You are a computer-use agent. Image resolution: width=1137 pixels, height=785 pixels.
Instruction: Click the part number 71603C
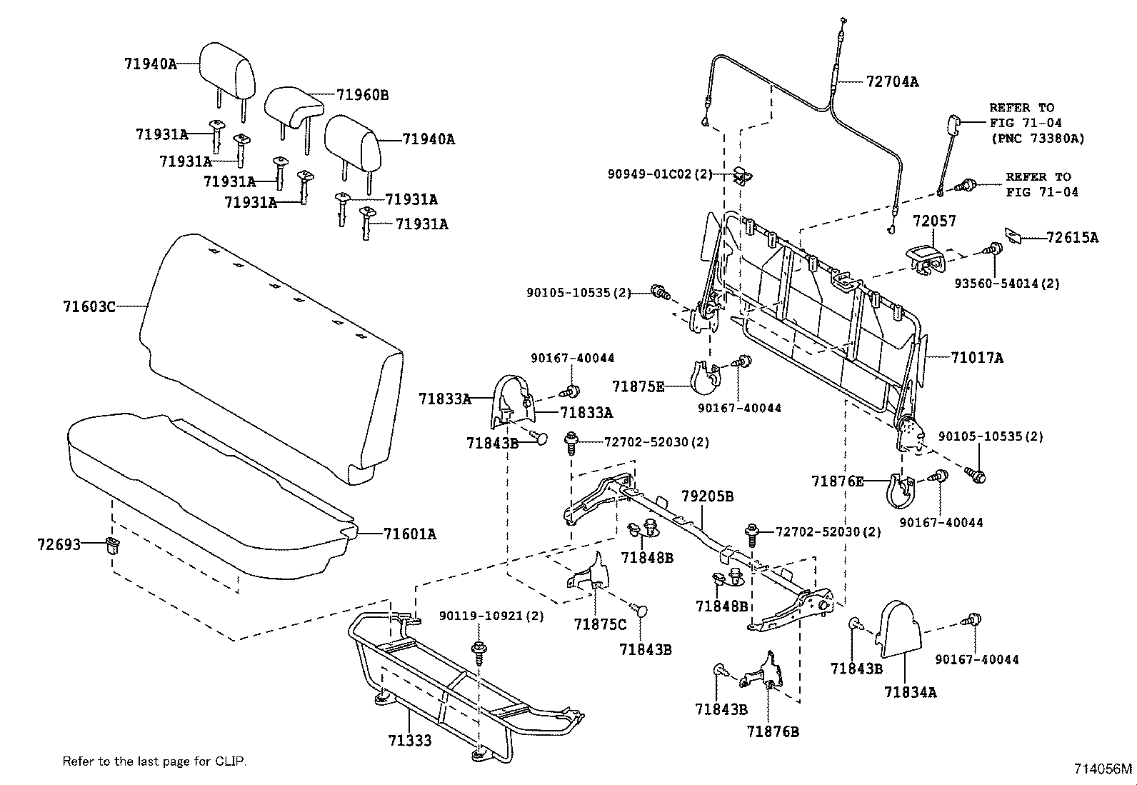tap(89, 307)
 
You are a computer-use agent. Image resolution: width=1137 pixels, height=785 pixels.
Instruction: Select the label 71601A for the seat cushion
tap(409, 534)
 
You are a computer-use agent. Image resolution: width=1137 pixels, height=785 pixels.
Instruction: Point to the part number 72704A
tap(892, 82)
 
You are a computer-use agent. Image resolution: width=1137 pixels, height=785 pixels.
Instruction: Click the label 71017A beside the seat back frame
tap(976, 358)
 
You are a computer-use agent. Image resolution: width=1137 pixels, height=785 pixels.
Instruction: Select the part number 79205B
tap(707, 496)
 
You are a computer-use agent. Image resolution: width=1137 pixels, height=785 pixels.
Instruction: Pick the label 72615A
tap(1072, 238)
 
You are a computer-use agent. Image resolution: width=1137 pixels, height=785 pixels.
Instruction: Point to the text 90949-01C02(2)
tap(660, 174)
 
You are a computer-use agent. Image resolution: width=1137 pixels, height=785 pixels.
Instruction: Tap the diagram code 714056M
tap(1103, 769)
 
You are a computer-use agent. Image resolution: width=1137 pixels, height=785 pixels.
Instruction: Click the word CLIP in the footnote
tap(230, 761)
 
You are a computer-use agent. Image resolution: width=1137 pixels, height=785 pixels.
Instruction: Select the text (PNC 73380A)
tap(1036, 139)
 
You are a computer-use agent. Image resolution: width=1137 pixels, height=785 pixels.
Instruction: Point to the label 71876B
tap(773, 731)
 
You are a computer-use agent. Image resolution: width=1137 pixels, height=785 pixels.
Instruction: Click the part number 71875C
tap(599, 624)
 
